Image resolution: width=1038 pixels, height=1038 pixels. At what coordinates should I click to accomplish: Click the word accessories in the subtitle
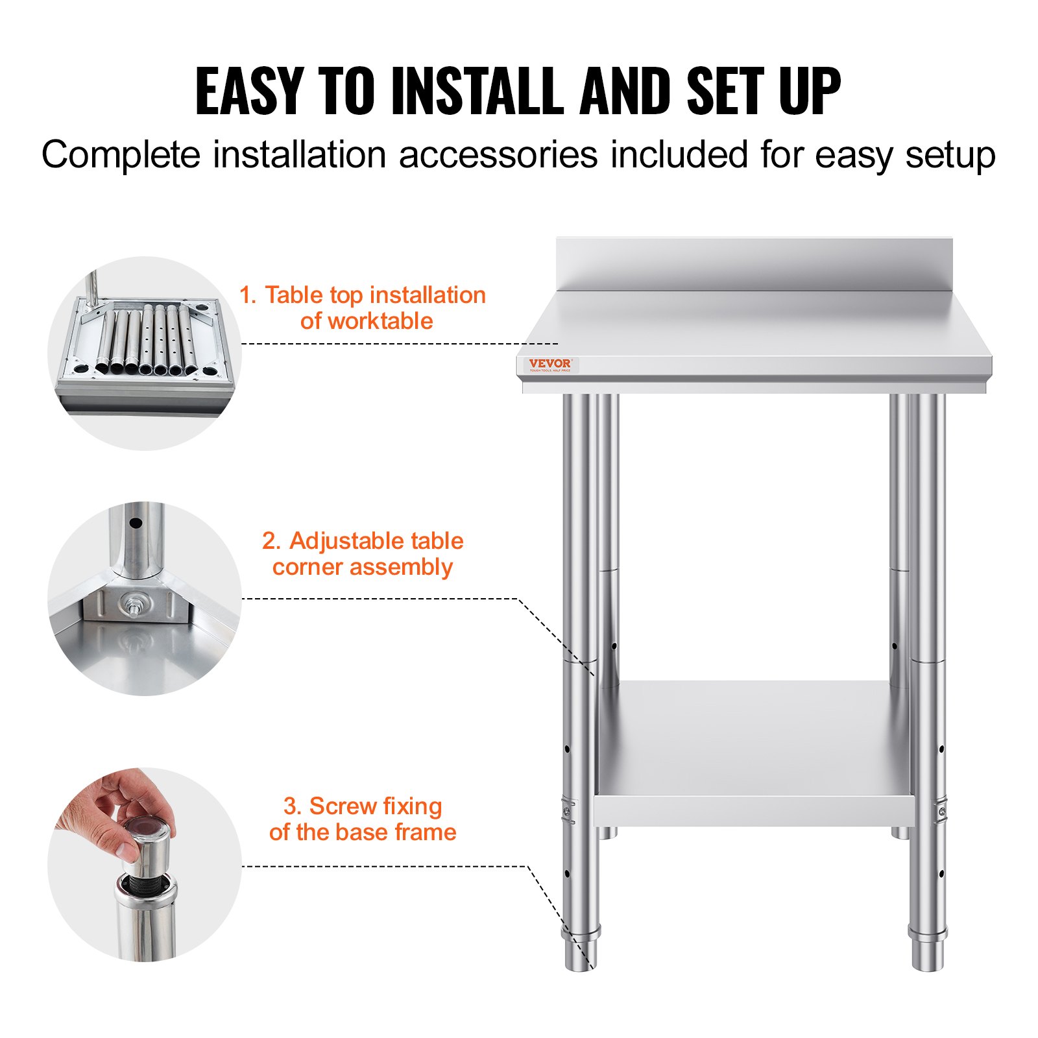[498, 156]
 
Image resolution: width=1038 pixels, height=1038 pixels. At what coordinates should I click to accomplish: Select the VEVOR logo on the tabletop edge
[549, 365]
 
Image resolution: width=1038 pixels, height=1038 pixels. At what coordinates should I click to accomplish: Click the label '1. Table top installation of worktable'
[363, 308]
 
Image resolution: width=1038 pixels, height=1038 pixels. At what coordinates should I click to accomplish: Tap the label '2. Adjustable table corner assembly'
[363, 553]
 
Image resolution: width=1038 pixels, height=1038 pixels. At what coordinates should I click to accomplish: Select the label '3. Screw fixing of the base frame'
[363, 819]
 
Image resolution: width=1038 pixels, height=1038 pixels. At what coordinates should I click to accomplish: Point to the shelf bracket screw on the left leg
[568, 811]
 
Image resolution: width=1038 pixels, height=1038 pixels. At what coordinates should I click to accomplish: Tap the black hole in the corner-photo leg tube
[136, 523]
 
